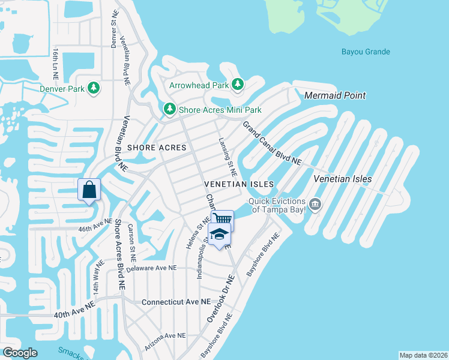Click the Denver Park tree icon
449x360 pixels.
94,89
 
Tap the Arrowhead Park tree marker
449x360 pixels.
238,85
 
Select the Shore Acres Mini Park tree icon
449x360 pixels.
170,109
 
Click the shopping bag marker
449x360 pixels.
89,190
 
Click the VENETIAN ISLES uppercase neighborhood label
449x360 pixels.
239,184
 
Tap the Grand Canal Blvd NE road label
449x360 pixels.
271,143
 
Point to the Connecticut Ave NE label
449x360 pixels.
176,301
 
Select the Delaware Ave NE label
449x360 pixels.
152,268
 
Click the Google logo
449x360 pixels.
20,353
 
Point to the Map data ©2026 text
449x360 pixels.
423,355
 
